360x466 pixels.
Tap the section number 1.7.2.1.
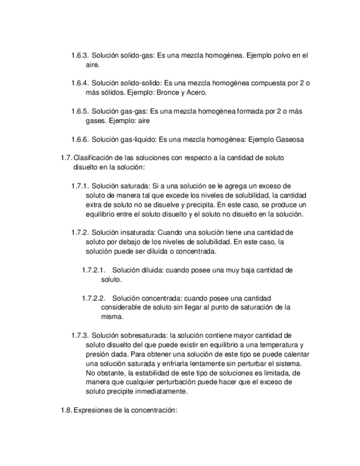(x=93, y=270)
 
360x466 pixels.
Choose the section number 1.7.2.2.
(x=93, y=298)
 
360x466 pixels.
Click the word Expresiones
(x=93, y=409)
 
